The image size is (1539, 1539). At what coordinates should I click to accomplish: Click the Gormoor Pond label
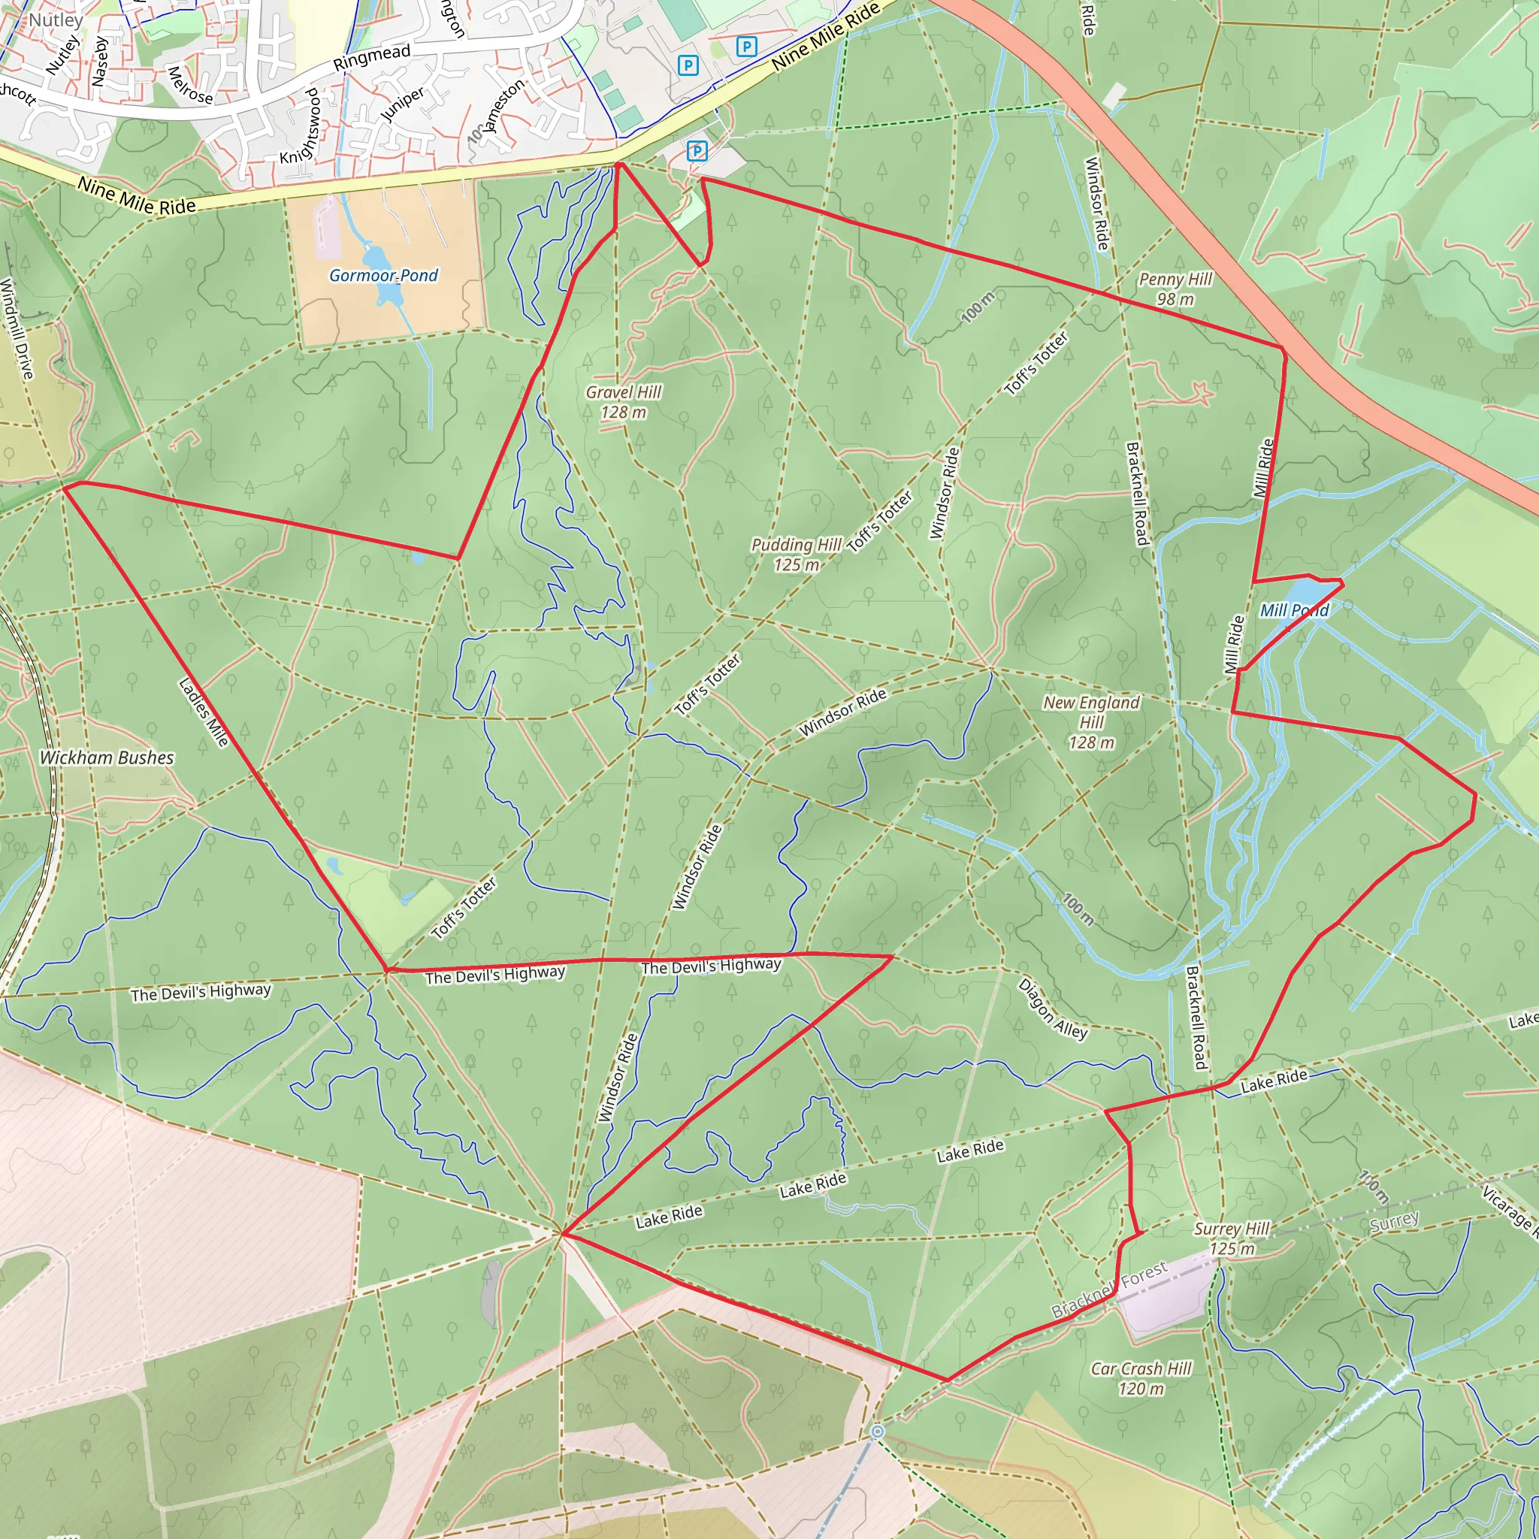[x=383, y=276]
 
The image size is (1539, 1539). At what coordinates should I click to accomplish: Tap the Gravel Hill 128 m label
[x=624, y=402]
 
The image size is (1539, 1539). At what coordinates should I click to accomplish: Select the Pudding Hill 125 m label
[x=796, y=555]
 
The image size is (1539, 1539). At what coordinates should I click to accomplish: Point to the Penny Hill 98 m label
[x=1175, y=289]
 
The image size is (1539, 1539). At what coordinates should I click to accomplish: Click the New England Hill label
[x=1091, y=721]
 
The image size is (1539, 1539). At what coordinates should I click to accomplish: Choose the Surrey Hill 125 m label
[x=1232, y=1238]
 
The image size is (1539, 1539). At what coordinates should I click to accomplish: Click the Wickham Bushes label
[x=107, y=757]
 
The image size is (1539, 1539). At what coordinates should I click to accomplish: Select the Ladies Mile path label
[x=203, y=712]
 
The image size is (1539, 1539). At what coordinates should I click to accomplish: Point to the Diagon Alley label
[x=1052, y=1008]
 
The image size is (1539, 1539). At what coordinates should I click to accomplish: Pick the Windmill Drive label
[x=18, y=328]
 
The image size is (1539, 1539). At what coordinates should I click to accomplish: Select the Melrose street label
[x=190, y=85]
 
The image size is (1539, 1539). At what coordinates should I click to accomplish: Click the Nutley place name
[x=56, y=20]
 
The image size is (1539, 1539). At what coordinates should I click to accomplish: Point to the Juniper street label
[x=402, y=104]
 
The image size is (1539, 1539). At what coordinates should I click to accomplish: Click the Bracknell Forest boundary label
[x=1109, y=1289]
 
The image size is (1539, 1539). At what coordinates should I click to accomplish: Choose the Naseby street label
[x=100, y=62]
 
